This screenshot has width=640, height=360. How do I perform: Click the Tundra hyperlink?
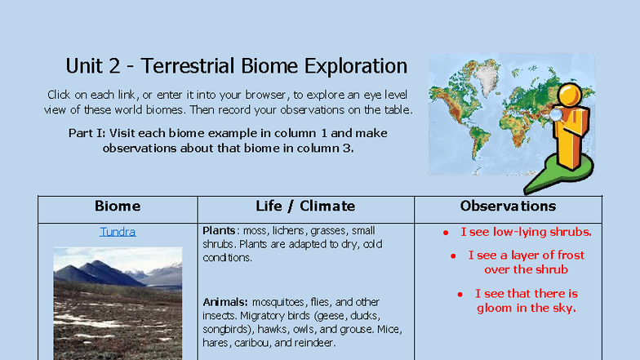(x=118, y=232)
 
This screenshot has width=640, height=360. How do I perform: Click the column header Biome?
(x=118, y=206)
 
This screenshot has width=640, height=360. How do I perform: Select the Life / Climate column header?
(x=305, y=206)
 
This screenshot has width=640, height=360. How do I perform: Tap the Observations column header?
(x=508, y=206)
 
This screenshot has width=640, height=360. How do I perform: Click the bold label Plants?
(x=221, y=231)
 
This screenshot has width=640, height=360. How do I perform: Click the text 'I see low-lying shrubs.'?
(x=526, y=232)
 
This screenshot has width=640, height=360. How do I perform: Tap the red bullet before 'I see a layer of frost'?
(x=453, y=256)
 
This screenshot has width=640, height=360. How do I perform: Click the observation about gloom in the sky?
(x=526, y=300)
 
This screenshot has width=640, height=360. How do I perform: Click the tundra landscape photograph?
(x=118, y=302)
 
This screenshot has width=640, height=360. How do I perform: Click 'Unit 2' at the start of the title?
(x=92, y=66)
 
